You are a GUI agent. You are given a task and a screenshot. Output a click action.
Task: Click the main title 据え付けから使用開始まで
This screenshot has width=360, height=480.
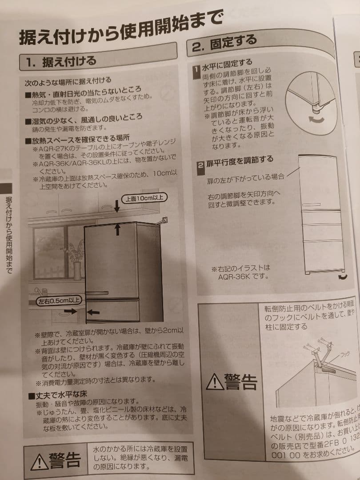120,28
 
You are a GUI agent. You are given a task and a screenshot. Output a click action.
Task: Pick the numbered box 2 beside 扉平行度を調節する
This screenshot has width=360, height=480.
201,165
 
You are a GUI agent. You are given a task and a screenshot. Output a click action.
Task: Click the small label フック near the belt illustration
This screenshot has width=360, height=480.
345,355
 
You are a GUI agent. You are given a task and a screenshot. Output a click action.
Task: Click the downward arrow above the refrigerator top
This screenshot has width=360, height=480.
117,205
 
